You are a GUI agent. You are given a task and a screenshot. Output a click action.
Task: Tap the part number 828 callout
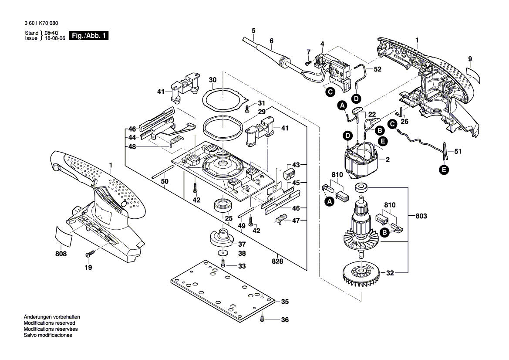tap(277, 262)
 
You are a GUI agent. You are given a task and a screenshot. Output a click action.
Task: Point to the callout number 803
tap(421, 216)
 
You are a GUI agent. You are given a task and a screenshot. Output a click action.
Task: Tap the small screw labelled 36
tap(262, 319)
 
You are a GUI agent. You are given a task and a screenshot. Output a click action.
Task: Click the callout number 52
tap(377, 69)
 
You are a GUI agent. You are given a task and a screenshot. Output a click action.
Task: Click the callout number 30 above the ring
tap(212, 80)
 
